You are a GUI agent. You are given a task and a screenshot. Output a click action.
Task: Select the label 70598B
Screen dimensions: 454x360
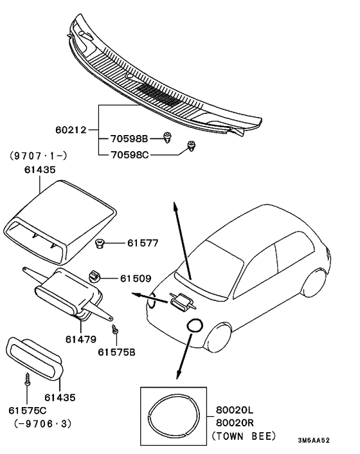tap(129, 138)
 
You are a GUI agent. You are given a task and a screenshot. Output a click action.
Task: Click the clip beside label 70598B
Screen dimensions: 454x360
tap(169, 136)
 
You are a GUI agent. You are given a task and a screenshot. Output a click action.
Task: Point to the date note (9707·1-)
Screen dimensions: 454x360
tap(38, 155)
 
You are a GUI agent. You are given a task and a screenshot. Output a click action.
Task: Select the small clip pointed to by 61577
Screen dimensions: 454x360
tap(100, 243)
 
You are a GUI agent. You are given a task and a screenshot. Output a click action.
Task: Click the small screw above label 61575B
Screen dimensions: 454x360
tap(115, 331)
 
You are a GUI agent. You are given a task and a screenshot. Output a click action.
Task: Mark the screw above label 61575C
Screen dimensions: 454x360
tap(27, 380)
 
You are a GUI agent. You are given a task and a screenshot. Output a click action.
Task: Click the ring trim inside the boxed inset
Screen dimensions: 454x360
tap(171, 415)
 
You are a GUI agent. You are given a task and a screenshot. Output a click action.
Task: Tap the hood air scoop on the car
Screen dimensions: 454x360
tap(180, 300)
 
